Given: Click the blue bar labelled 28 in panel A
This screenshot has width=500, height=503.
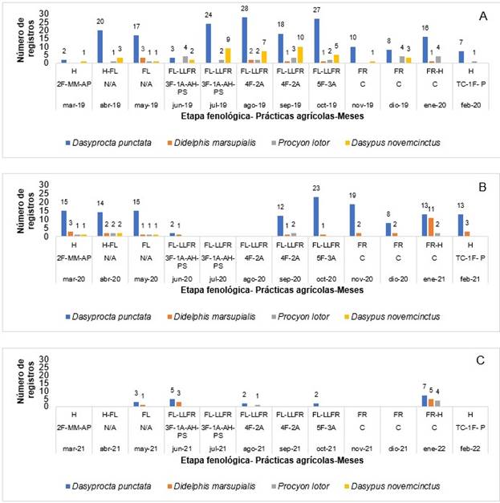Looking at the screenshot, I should click(244, 40).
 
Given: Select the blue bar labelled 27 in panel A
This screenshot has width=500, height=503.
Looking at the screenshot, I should click(319, 41).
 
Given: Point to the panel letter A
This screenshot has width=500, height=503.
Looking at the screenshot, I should click(482, 17).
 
